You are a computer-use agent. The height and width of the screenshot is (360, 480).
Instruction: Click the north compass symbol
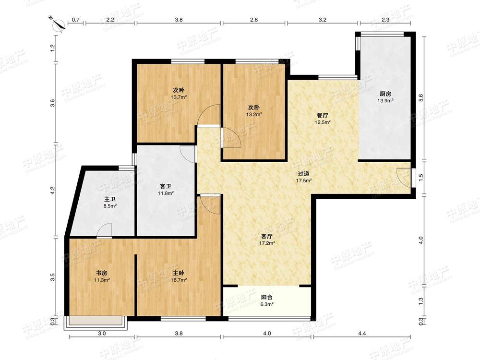[58, 24]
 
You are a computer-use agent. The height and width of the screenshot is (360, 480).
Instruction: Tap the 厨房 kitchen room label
[385, 94]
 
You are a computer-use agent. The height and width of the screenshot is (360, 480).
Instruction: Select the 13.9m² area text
[385, 100]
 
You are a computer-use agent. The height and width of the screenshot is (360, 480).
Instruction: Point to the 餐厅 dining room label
[323, 116]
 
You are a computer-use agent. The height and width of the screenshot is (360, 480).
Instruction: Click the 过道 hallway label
[303, 174]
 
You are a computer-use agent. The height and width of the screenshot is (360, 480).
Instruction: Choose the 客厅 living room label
[266, 236]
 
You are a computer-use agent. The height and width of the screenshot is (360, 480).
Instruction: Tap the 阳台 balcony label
[266, 297]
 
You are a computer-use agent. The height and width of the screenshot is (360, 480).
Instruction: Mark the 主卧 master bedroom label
[179, 273]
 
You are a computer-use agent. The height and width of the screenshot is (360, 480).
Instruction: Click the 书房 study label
[102, 273]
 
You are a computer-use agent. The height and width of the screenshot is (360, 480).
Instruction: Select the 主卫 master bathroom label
[109, 199]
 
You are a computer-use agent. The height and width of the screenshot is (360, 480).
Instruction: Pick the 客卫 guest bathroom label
[166, 186]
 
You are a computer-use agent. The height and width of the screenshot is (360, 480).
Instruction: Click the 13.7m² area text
[179, 97]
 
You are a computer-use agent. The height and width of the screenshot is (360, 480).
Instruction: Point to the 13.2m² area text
[254, 114]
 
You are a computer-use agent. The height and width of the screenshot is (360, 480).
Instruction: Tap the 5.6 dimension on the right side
[421, 98]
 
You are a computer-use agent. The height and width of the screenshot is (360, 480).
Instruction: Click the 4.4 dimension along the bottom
[362, 333]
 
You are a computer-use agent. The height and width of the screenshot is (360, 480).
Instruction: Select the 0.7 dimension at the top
[76, 20]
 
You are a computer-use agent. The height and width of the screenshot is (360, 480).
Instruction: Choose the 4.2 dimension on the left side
[53, 191]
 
